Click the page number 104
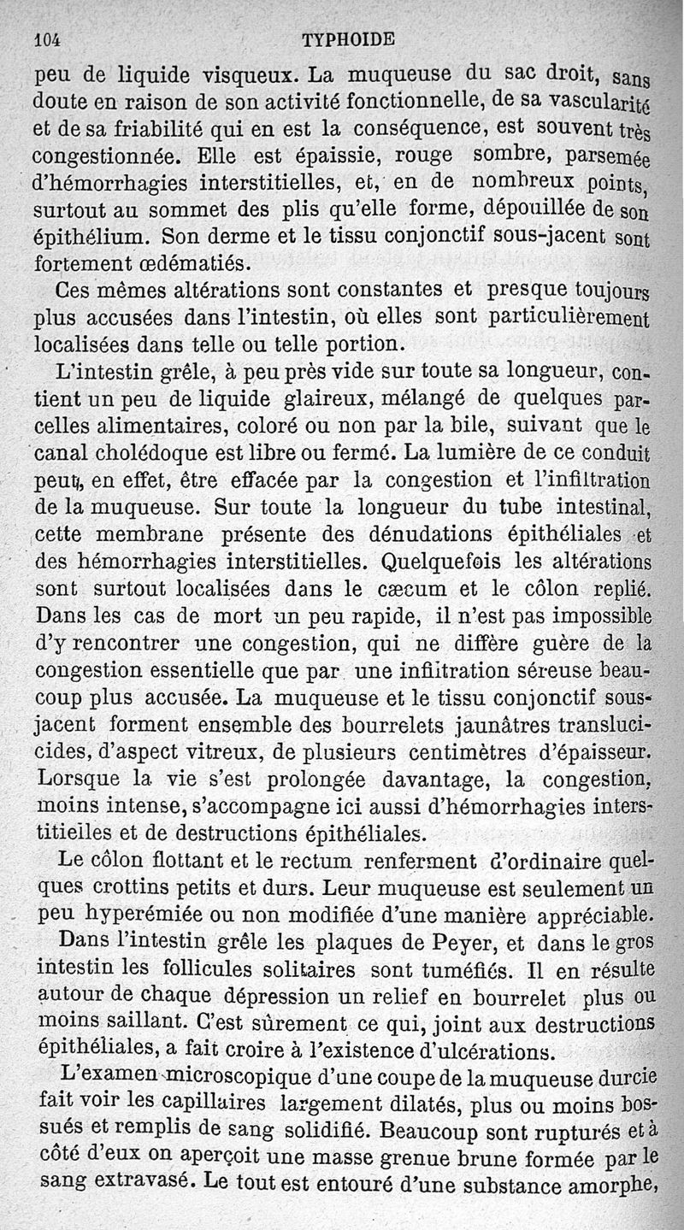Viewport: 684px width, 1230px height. [x=50, y=39]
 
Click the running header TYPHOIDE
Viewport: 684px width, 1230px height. [x=348, y=39]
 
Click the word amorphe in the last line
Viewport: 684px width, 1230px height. [x=613, y=1186]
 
